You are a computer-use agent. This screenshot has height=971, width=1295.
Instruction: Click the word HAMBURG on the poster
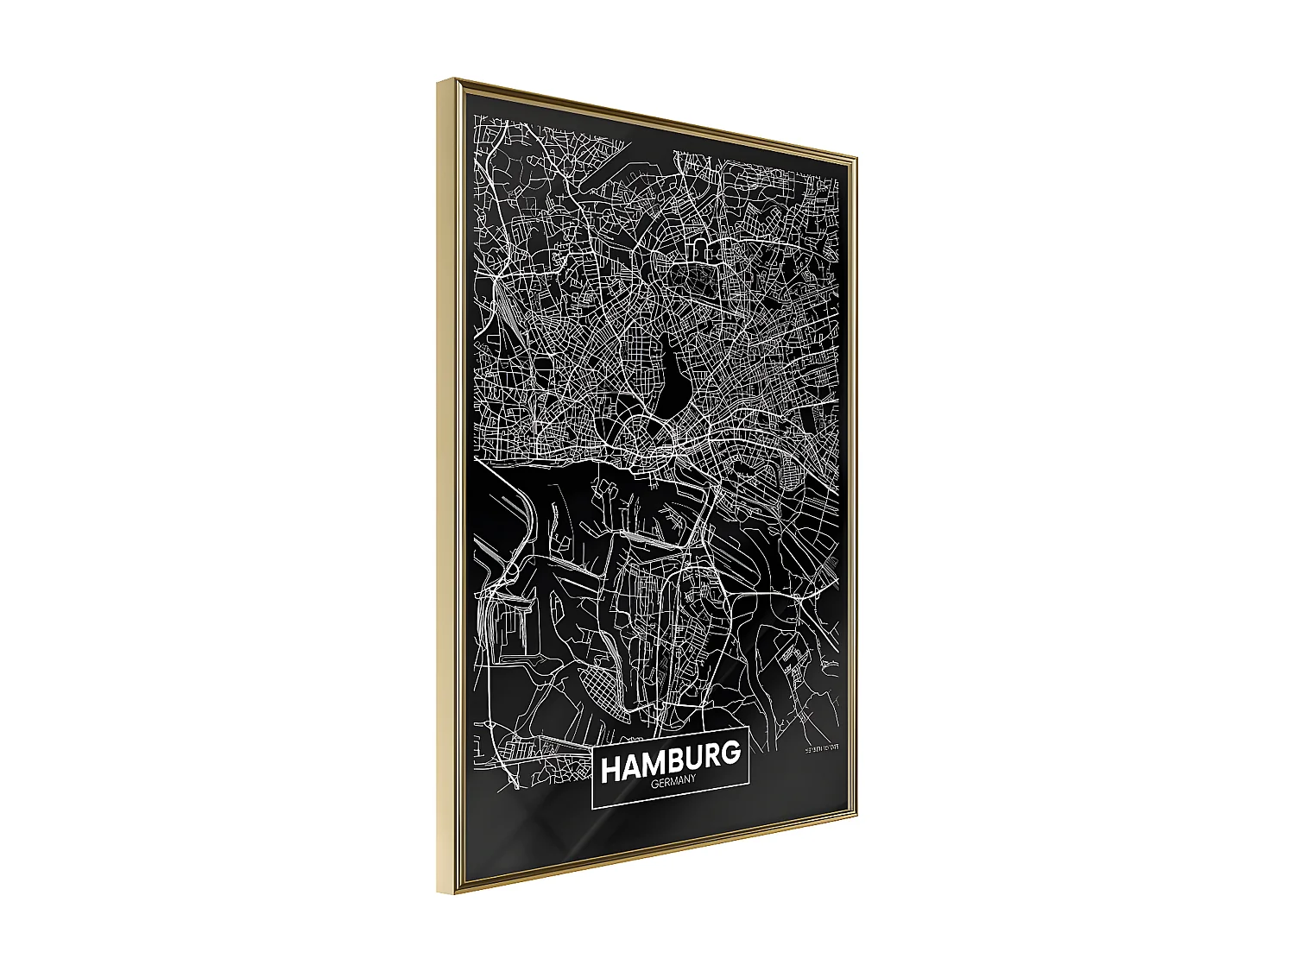tap(670, 761)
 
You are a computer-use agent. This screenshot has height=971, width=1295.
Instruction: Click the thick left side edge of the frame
tap(446, 483)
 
